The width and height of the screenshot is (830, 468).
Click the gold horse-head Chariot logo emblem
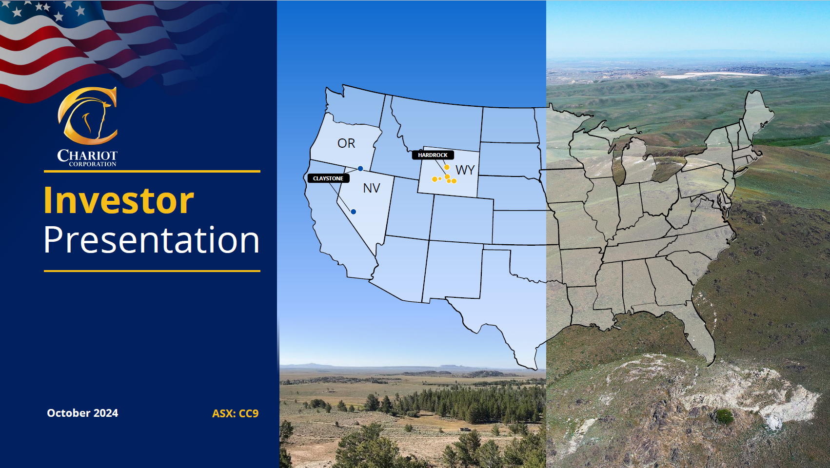pyautogui.click(x=87, y=116)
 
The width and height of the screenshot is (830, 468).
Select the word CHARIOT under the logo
pyautogui.click(x=87, y=155)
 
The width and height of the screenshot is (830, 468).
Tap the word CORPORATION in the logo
pyautogui.click(x=93, y=164)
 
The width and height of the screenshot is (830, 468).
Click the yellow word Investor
pyautogui.click(x=119, y=200)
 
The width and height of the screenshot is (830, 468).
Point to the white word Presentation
pyautogui.click(x=152, y=240)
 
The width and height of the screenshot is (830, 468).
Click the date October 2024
pyautogui.click(x=82, y=413)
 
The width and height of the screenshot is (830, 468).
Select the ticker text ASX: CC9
pyautogui.click(x=235, y=413)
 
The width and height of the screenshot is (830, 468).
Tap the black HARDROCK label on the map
pyautogui.click(x=433, y=155)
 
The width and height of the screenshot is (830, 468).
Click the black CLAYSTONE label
pyautogui.click(x=328, y=178)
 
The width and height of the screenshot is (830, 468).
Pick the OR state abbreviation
pyautogui.click(x=346, y=143)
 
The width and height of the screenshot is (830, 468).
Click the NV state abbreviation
pyautogui.click(x=372, y=188)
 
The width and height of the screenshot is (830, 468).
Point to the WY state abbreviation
pyautogui.click(x=465, y=170)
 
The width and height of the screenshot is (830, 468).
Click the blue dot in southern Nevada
pyautogui.click(x=354, y=212)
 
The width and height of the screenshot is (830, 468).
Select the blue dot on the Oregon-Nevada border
pyautogui.click(x=360, y=169)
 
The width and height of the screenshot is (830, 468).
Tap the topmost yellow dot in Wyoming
pyautogui.click(x=447, y=167)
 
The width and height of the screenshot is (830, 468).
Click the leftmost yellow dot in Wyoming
pyautogui.click(x=435, y=179)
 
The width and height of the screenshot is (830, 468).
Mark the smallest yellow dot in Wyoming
pyautogui.click(x=440, y=178)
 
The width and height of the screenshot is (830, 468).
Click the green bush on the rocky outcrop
pyautogui.click(x=724, y=416)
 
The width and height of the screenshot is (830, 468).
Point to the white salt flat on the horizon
pyautogui.click(x=713, y=75)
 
